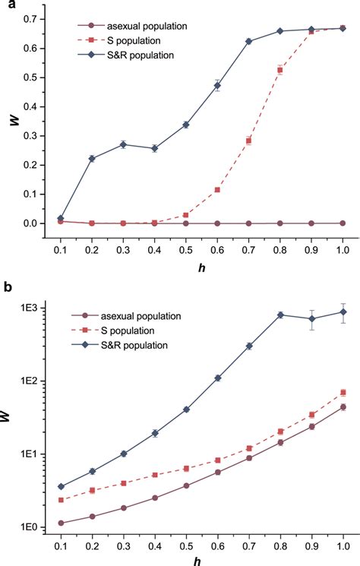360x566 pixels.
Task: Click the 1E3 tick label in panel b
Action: tap(33, 308)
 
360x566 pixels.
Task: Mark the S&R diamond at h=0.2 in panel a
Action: tap(92, 159)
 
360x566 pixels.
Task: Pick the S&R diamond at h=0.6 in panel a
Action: tap(217, 86)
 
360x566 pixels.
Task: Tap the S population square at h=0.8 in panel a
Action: tap(280, 70)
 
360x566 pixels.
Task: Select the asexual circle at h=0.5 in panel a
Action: tap(186, 223)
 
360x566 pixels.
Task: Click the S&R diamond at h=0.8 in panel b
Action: tap(280, 315)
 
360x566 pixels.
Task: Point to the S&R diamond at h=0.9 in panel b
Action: tap(311, 319)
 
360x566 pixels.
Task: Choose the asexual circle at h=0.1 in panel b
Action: tap(61, 523)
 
